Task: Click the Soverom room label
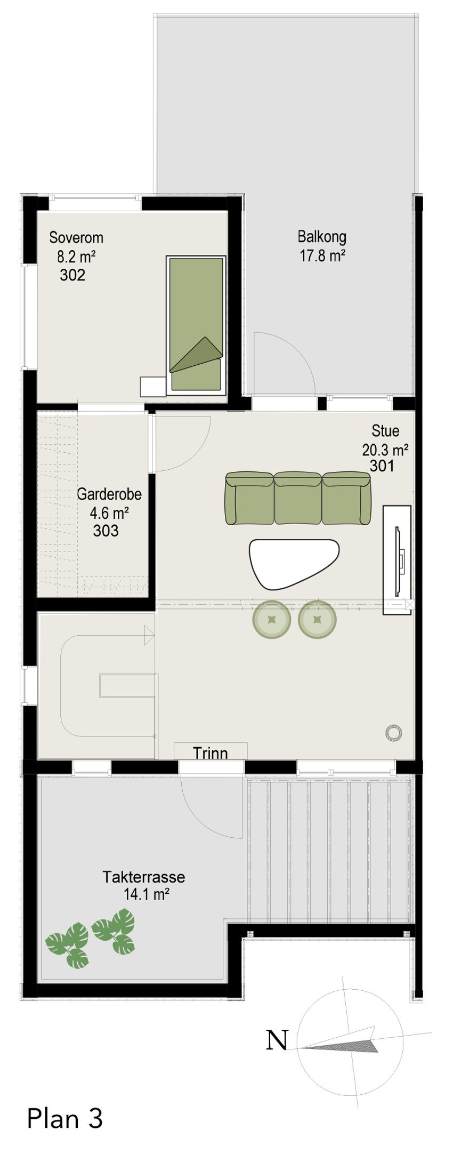[76, 237]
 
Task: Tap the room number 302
[72, 275]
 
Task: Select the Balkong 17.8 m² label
[322, 246]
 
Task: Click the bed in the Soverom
[196, 325]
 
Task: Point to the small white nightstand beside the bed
[152, 387]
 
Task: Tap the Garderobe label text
[109, 494]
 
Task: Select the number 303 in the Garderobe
[106, 531]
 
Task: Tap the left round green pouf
[272, 619]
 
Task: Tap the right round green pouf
[318, 619]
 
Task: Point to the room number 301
[382, 466]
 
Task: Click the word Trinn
[211, 753]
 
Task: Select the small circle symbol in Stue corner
[393, 732]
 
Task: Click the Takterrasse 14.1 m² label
[144, 885]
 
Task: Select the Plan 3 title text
[64, 1118]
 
